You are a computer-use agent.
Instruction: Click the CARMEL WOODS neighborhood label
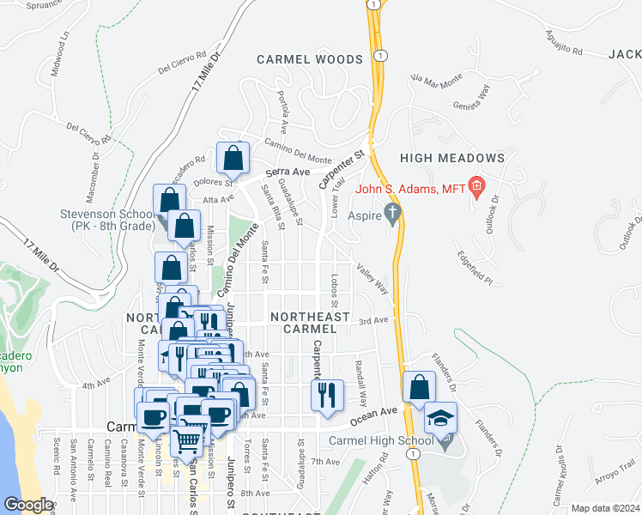coord(310,59)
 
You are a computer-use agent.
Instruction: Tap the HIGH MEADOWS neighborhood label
coord(451,158)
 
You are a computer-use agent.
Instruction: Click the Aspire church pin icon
coord(393,213)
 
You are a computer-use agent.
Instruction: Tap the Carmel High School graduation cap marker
coord(440,419)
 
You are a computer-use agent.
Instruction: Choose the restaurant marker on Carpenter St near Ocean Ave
coord(327,396)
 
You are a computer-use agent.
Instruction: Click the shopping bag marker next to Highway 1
coord(418,388)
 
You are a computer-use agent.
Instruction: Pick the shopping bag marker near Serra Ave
coord(233,158)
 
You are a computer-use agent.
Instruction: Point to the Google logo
coord(27,504)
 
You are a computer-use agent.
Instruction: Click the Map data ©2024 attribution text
coord(604,508)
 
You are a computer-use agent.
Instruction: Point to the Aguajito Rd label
coord(564,41)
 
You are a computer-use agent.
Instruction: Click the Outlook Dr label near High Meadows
coord(494,209)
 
